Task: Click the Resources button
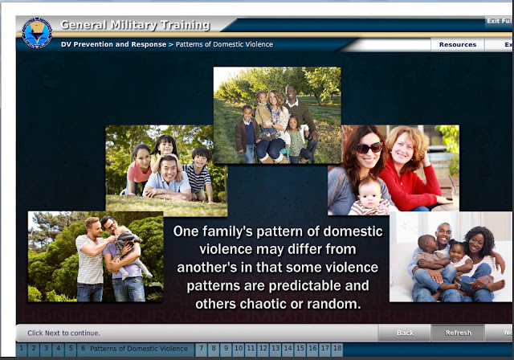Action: point(458,44)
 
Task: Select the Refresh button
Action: point(458,333)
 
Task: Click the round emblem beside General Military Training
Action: point(37,33)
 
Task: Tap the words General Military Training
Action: point(135,25)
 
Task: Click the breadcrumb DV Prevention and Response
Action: point(113,44)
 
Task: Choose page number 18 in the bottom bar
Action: point(337,349)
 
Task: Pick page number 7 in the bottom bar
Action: point(201,349)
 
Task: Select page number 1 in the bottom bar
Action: point(22,349)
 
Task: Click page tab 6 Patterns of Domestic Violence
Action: point(136,349)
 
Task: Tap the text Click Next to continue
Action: point(63,333)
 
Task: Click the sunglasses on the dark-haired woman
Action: point(369,148)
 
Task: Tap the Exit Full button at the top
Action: point(499,21)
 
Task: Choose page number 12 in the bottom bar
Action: point(263,349)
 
